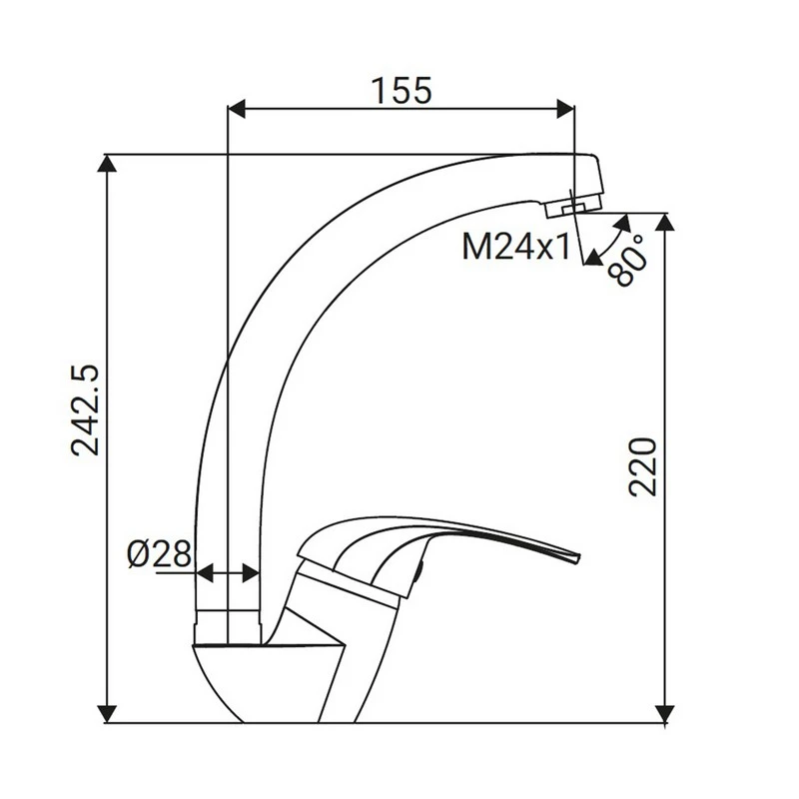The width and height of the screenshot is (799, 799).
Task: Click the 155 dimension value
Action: tap(401, 90)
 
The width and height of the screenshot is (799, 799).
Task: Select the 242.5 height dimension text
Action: tap(88, 409)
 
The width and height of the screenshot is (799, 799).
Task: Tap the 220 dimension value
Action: tap(644, 465)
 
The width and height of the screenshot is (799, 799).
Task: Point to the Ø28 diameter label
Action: tap(159, 554)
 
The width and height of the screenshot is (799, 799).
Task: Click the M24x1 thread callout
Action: tap(515, 247)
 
